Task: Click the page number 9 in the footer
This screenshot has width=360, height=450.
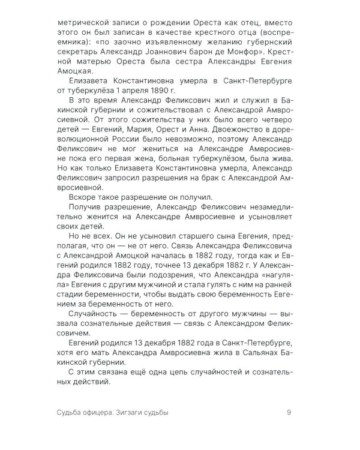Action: coord(289,412)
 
